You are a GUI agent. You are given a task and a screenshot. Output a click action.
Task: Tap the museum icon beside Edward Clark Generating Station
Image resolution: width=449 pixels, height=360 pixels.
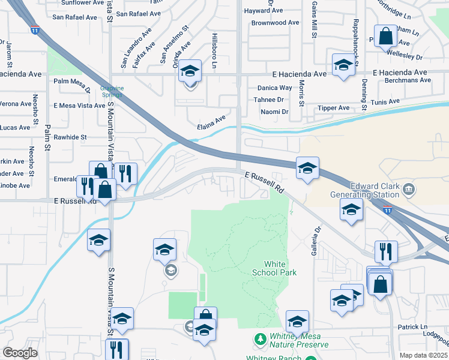tap(409, 190)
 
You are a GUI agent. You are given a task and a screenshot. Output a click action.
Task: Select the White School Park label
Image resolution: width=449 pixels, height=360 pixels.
tap(281, 268)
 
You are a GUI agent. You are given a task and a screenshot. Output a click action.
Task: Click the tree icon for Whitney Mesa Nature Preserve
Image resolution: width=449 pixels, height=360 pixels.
tap(260, 340)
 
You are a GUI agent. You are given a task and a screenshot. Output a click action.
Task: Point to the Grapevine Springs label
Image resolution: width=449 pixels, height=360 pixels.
tap(112, 92)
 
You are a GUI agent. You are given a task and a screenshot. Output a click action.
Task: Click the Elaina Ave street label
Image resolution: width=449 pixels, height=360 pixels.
tap(211, 122)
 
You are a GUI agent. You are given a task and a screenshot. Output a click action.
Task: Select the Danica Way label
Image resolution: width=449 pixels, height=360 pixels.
tap(267, 88)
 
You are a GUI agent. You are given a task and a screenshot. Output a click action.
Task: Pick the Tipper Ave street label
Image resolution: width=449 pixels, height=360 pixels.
tap(334, 108)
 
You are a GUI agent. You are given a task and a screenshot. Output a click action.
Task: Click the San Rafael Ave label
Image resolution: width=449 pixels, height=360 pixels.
tap(75, 17)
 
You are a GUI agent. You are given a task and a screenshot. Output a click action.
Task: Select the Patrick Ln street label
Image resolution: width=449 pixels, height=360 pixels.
tap(411, 327)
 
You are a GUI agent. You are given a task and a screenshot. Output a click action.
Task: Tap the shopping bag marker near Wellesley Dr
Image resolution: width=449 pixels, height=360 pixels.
tap(385, 35)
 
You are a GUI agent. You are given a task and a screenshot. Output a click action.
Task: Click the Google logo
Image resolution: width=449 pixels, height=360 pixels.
tap(20, 353)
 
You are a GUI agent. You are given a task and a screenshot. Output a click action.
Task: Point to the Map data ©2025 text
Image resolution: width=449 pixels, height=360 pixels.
tap(423, 355)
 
